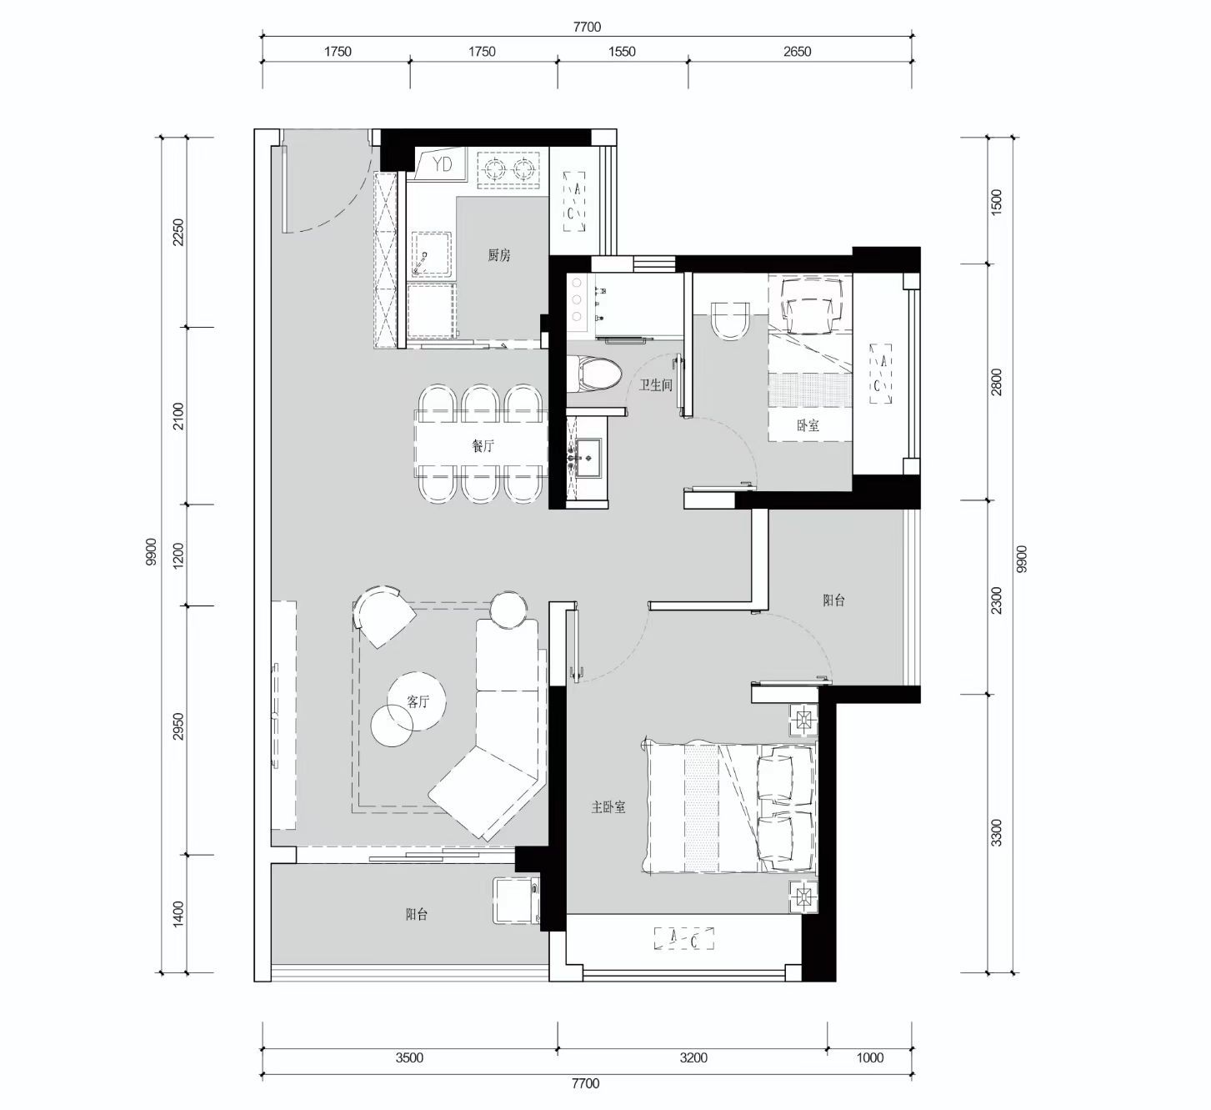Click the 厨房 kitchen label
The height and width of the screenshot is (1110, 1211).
tap(498, 255)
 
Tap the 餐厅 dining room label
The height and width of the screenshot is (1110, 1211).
tap(483, 446)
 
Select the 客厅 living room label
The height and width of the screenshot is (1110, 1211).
tap(418, 701)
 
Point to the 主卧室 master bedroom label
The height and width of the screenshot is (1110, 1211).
tap(608, 807)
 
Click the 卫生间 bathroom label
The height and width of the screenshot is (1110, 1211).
tap(656, 385)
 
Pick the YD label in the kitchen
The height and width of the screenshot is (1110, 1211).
tap(443, 163)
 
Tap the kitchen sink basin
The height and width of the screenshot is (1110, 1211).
tap(432, 254)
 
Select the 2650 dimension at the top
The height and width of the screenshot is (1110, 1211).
tap(797, 52)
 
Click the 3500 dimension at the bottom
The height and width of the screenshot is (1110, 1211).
tap(409, 1057)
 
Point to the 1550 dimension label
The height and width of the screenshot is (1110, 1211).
tap(622, 52)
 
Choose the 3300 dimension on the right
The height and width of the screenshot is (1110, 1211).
tap(996, 832)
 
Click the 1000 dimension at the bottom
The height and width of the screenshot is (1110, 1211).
tap(870, 1057)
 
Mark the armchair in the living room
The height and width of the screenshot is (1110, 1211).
tap(384, 616)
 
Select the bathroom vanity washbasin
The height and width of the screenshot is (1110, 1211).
tap(586, 458)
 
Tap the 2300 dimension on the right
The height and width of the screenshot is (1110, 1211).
tap(996, 600)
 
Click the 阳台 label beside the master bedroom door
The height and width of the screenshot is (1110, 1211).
tap(833, 600)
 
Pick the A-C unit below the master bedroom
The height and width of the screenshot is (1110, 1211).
tap(684, 938)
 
